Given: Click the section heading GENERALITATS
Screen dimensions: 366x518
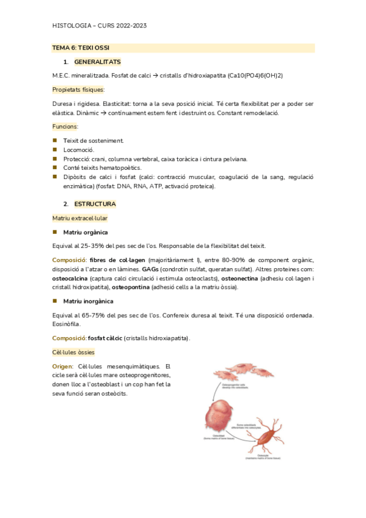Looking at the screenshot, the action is [x=97, y=62].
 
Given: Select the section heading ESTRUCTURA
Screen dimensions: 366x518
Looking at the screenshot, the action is [x=95, y=203].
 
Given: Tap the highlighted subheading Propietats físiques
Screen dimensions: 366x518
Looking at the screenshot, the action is [x=79, y=89].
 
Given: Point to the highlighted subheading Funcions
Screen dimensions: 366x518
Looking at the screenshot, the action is [x=65, y=126].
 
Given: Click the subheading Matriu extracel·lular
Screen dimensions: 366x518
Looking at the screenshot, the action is [x=81, y=217].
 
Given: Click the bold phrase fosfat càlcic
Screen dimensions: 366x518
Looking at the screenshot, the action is [x=104, y=338].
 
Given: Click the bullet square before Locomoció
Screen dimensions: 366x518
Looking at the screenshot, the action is [x=55, y=149].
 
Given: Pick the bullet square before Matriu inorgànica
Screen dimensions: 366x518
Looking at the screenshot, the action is [x=55, y=301].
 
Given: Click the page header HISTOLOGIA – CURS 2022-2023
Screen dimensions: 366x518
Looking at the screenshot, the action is [x=99, y=25].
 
